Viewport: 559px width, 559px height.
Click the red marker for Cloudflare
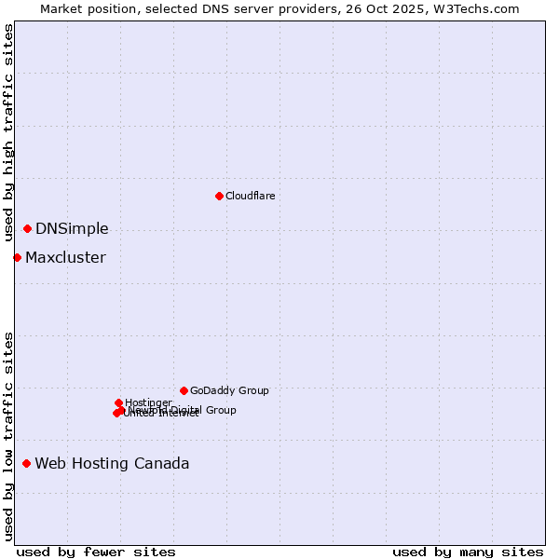[x=219, y=196]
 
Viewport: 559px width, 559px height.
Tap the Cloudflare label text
[x=250, y=196]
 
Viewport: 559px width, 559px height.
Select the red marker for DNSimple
[x=27, y=228]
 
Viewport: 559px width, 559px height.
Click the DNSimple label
[x=72, y=228]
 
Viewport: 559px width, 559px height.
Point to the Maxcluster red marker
[x=17, y=257]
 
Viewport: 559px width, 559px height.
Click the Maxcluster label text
[x=65, y=257]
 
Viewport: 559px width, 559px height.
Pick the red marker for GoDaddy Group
[x=184, y=390]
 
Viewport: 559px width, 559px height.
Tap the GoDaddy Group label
[x=229, y=390]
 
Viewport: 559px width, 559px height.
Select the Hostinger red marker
[x=118, y=402]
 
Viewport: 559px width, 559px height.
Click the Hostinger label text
[x=148, y=402]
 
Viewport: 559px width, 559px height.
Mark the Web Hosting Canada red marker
[x=26, y=463]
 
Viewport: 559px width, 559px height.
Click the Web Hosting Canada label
[x=112, y=463]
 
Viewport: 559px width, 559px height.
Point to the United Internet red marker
[x=116, y=413]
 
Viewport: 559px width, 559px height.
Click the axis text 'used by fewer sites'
[x=96, y=552]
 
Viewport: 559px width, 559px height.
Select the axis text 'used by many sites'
[x=468, y=552]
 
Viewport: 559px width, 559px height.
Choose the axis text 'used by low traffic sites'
[x=8, y=436]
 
